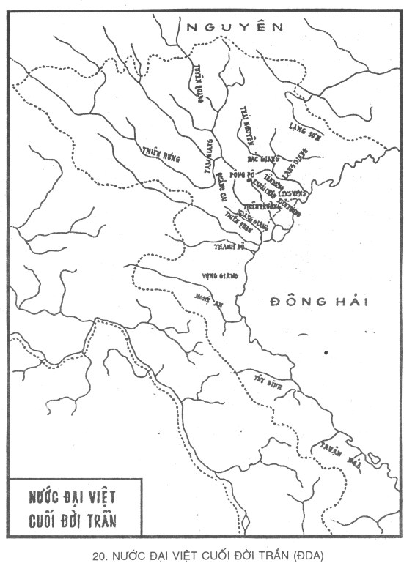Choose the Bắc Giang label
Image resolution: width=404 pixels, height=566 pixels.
(x=261, y=158)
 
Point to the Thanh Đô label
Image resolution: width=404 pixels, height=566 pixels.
(x=228, y=247)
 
